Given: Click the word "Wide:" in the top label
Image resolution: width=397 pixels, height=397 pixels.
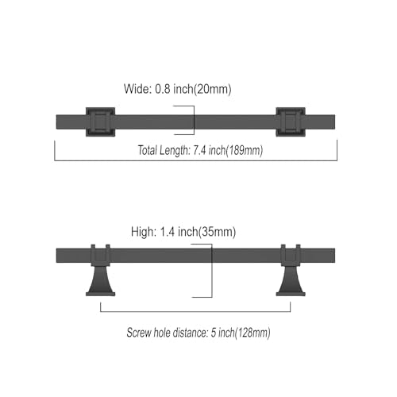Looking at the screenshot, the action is [x=137, y=89].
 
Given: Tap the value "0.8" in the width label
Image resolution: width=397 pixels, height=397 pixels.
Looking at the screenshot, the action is [x=163, y=89].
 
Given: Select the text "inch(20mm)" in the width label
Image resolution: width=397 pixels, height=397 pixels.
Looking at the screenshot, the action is [x=202, y=89].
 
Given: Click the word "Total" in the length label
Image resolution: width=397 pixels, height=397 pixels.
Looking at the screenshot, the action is [x=148, y=150].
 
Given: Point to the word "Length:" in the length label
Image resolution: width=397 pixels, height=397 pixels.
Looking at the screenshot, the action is [x=175, y=151].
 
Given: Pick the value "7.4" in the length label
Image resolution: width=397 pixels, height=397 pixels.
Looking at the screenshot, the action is [x=200, y=151].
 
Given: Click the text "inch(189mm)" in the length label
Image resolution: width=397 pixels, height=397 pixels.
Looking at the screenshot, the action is [x=236, y=151].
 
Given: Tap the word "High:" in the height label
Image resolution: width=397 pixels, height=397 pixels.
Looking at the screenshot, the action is [x=144, y=232].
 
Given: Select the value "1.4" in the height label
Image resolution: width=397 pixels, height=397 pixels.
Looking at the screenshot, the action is [x=168, y=232].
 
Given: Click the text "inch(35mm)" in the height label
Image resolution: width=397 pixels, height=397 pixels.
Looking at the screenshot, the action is [x=206, y=232].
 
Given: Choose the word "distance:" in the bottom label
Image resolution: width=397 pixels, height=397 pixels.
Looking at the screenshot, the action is [x=191, y=333].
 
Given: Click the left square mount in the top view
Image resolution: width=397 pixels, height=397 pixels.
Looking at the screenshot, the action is [x=100, y=122].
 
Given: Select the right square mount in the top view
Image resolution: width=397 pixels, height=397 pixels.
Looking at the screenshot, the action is [x=291, y=122].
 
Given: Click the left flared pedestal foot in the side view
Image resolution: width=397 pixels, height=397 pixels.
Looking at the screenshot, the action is [x=101, y=281].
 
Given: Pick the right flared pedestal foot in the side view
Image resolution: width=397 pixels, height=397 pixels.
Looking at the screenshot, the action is [x=291, y=281].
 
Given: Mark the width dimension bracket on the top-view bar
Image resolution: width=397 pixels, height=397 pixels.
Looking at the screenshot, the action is [x=194, y=120].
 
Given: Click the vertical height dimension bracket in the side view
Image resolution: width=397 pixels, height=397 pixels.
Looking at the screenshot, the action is [x=212, y=271].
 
